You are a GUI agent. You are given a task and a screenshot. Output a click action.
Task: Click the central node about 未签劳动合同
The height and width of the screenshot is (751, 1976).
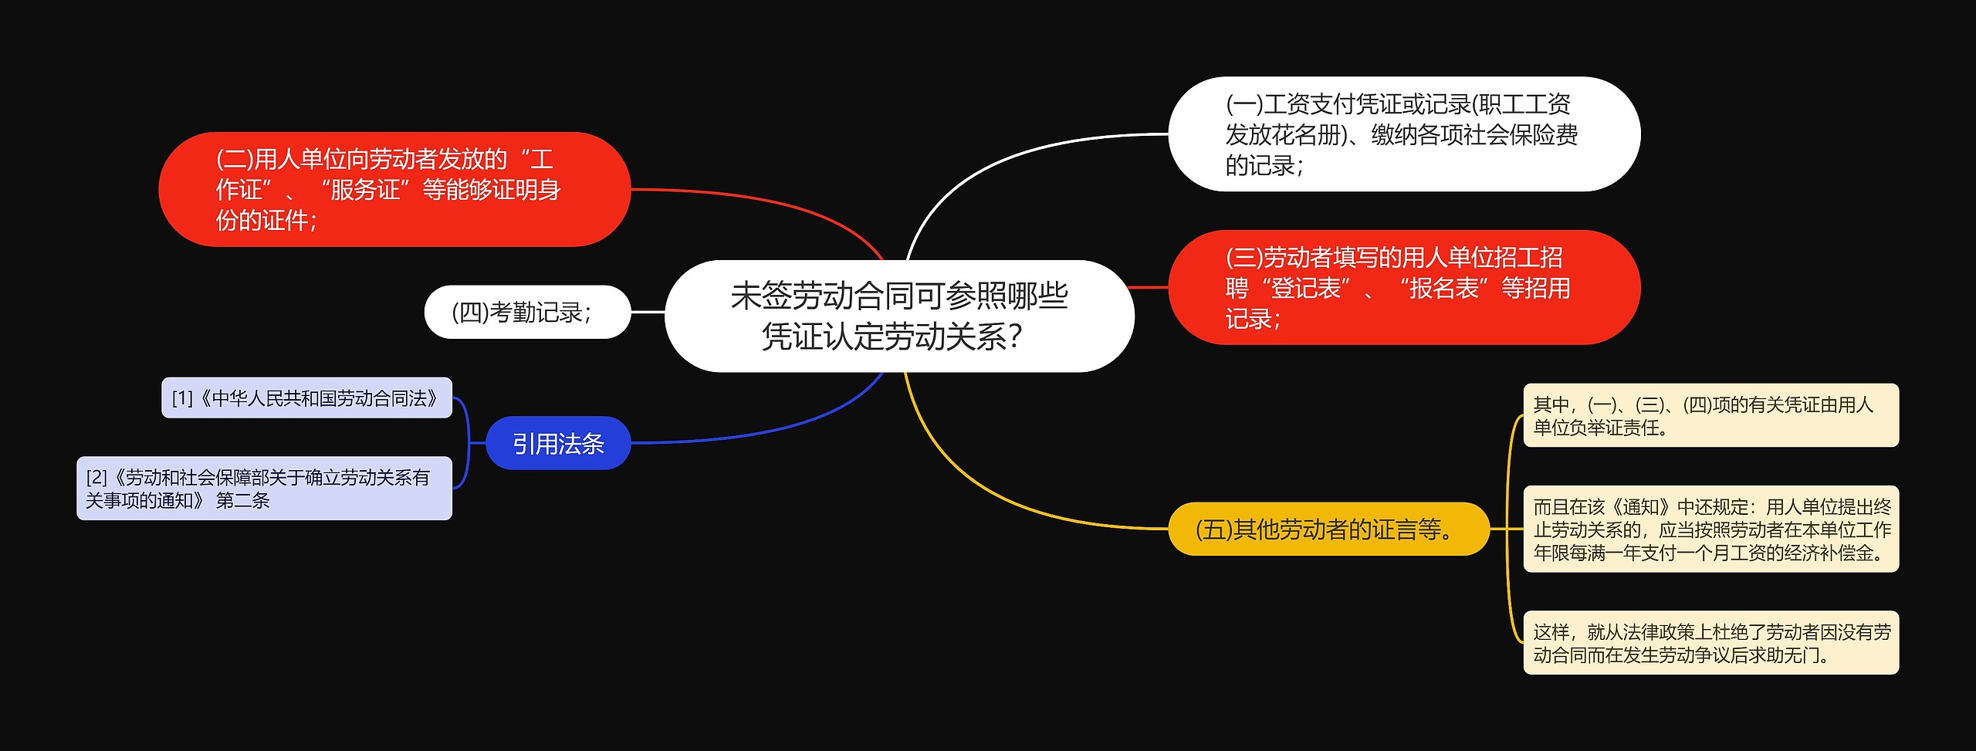pos(899,316)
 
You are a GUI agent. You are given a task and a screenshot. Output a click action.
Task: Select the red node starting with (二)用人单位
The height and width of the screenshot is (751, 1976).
pos(394,189)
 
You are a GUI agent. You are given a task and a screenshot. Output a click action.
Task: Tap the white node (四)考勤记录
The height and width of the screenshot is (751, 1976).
pos(527,312)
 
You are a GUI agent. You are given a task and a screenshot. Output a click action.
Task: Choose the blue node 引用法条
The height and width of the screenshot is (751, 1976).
pos(558,443)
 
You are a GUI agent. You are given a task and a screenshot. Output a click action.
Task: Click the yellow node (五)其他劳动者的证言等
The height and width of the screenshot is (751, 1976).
pos(1328,529)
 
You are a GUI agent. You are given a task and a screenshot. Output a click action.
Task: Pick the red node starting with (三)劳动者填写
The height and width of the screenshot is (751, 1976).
pos(1403,287)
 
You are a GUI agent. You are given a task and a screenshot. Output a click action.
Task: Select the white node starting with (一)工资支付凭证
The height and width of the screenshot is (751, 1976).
pos(1403,134)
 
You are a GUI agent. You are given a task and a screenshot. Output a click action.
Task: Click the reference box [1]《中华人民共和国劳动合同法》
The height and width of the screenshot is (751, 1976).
pos(306,397)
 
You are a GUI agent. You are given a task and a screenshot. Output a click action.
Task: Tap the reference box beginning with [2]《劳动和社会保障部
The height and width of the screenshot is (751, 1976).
pos(264,489)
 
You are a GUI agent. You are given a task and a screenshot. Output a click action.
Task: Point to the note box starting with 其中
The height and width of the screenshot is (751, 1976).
pos(1710,415)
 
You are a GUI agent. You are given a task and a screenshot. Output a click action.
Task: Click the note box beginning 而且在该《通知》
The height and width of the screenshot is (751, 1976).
pos(1710,529)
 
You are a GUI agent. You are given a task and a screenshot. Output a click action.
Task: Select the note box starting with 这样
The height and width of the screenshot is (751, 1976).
pos(1710,643)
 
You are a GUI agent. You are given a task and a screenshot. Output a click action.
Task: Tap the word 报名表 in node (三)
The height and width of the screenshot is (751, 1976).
pos(1443,288)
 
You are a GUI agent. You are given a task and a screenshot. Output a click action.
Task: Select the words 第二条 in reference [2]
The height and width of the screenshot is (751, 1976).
pos(242,501)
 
